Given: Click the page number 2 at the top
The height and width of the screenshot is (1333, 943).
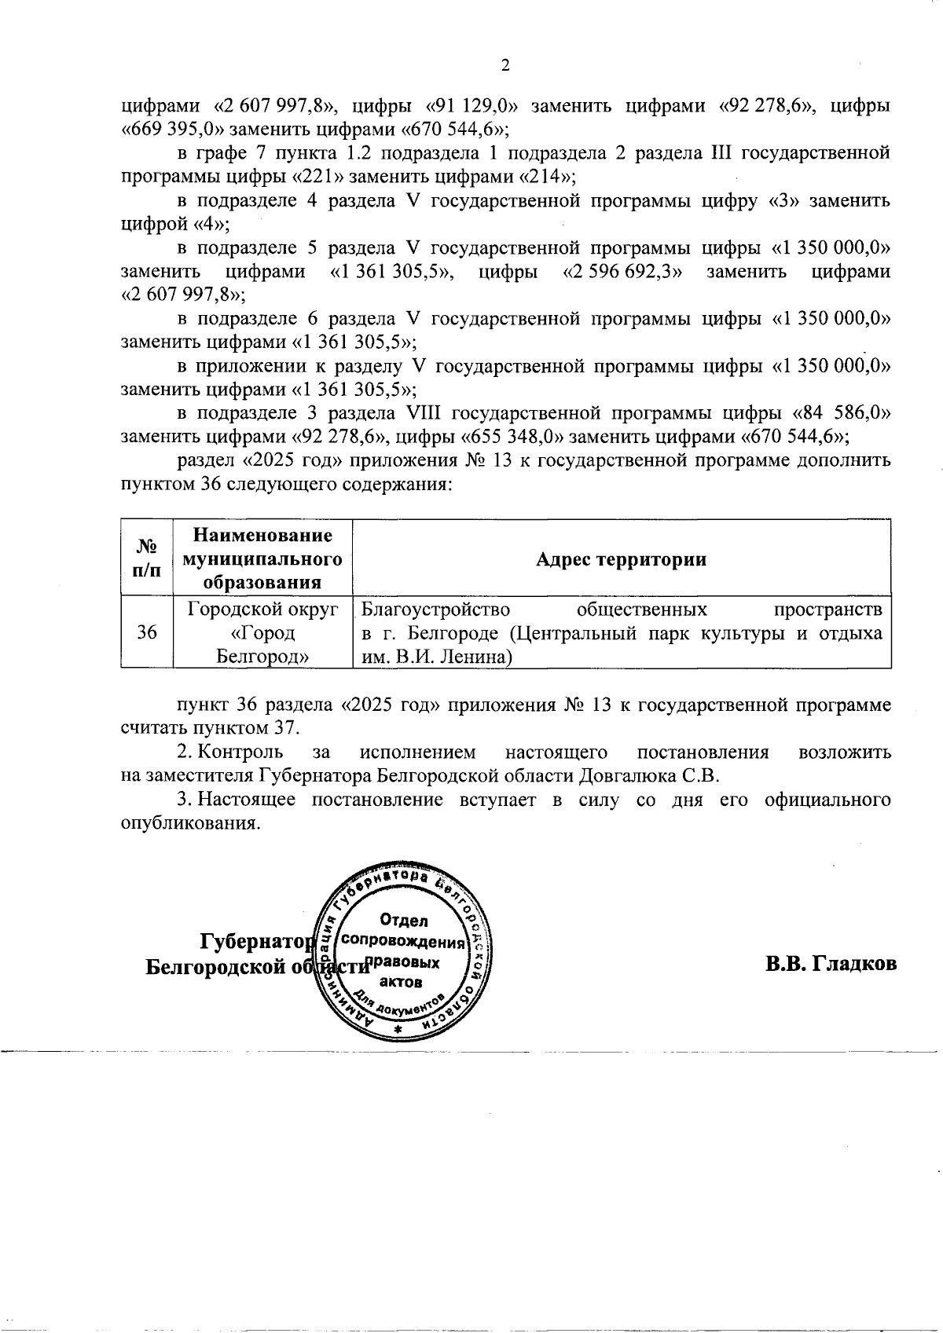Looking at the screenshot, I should [505, 65].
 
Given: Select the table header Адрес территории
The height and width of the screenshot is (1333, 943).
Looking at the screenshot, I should [621, 559].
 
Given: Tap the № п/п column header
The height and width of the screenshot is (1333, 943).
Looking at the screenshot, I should [146, 558].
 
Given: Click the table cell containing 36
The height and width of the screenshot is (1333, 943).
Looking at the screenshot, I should [146, 632].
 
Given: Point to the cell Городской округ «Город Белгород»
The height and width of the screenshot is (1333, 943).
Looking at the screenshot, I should [262, 632].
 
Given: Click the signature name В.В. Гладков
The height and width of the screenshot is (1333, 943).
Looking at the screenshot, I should [831, 964].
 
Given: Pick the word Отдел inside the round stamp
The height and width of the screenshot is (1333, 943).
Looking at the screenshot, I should [403, 920].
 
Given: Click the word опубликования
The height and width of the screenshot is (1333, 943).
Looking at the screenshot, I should [188, 824].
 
